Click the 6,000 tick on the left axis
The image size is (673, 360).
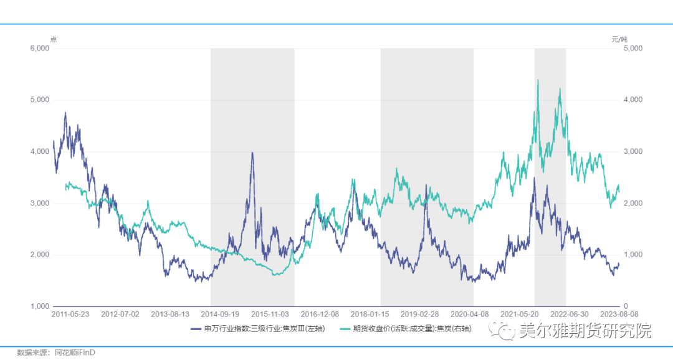click(x=40, y=49)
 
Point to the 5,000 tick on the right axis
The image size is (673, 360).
click(x=633, y=49)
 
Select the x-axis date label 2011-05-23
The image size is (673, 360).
click(x=70, y=315)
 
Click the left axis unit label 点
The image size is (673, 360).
click(x=53, y=39)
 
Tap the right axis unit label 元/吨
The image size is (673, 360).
click(x=619, y=39)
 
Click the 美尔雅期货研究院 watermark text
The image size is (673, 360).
click(x=585, y=330)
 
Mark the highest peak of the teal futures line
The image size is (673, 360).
click(x=537, y=80)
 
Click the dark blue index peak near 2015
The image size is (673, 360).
click(x=252, y=153)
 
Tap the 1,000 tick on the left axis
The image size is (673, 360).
click(x=40, y=306)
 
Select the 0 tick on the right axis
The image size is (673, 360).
click(x=626, y=306)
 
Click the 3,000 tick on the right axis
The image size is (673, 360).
click(x=633, y=152)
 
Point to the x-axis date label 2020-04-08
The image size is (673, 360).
click(x=470, y=315)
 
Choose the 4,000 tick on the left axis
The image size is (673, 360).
click(x=40, y=152)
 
